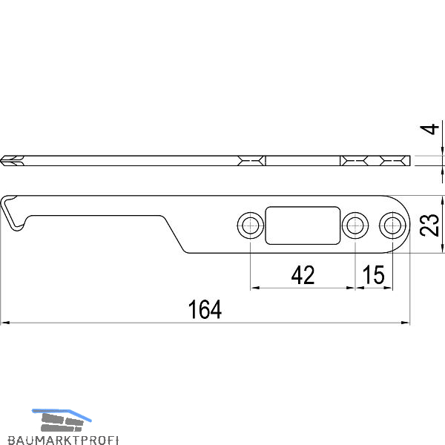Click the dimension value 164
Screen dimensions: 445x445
205,309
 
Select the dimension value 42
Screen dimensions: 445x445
303,275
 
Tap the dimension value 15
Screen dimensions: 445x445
374,274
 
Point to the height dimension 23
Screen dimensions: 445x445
429,225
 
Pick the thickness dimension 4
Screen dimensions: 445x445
429,129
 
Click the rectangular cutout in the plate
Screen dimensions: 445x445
303,225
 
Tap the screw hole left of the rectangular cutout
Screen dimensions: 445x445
251,225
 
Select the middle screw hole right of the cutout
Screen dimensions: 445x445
355,225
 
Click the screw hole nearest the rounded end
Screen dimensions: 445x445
392,225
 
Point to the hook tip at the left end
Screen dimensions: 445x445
18,228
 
